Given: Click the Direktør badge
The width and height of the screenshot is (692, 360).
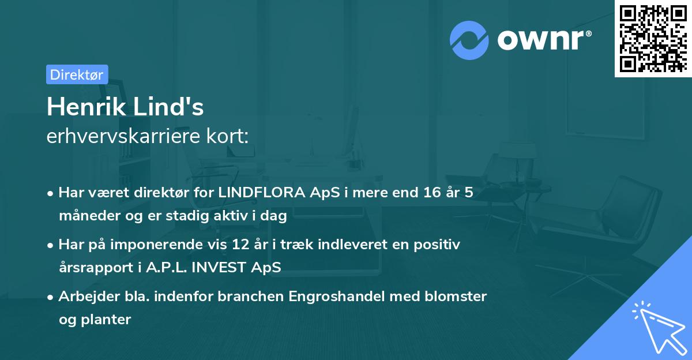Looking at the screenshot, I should coord(77,74).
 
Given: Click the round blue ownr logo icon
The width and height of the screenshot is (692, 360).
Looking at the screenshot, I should coord(469,40).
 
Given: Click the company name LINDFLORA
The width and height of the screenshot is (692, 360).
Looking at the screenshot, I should coord(262,193).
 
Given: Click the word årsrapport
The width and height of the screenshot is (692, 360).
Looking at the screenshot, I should coord(93,267).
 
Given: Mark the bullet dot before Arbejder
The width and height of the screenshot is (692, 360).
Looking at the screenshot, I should coord(51,297).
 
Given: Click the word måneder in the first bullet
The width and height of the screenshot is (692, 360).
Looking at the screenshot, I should coord(86,215).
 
